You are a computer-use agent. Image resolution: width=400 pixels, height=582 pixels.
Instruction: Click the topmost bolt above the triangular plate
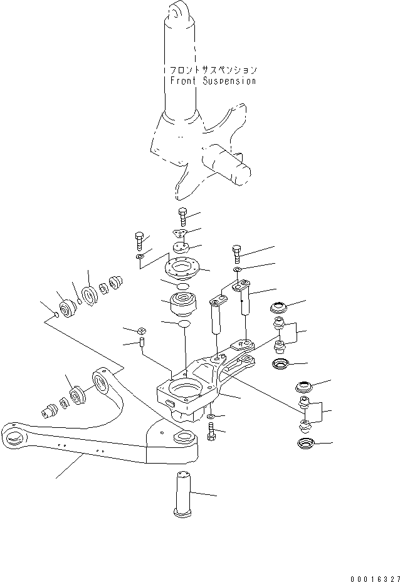tap(182, 216)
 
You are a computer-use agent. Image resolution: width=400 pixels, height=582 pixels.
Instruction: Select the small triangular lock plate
tap(182, 233)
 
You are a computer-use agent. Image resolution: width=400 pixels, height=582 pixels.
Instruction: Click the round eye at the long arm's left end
tap(14, 436)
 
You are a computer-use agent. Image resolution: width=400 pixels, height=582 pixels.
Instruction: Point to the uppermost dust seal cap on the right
tap(278, 308)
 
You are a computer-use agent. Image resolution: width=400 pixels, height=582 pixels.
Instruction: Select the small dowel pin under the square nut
tap(143, 343)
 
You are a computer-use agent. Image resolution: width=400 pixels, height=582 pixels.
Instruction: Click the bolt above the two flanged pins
tap(236, 254)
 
